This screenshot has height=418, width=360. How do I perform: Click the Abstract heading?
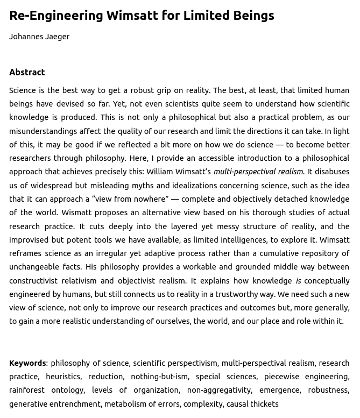pos(27,72)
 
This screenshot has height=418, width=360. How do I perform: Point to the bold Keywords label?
pos(27,363)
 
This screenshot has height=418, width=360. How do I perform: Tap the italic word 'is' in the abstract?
pos(298,280)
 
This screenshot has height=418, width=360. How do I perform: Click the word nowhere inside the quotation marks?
pos(147,199)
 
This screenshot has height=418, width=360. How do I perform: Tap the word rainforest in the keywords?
pos(27,390)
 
